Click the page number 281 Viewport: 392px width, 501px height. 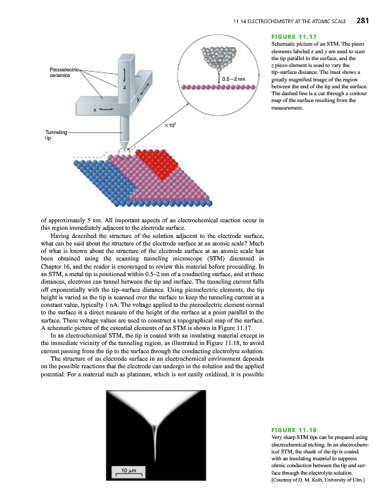[363, 21]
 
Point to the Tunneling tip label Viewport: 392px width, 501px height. [56, 135]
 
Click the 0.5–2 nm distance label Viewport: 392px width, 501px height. [232, 80]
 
